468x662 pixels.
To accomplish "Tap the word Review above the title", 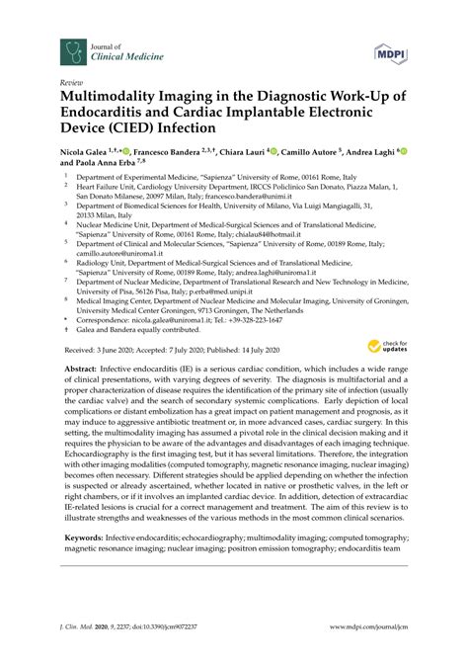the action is (x=71, y=83).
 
